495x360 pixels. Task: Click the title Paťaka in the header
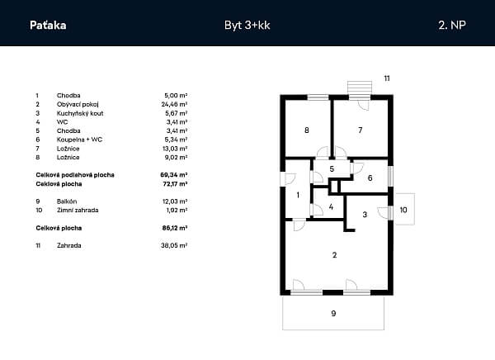pyautogui.click(x=48, y=26)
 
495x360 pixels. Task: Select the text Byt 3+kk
pyautogui.click(x=247, y=26)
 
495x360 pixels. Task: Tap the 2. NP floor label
pyautogui.click(x=452, y=26)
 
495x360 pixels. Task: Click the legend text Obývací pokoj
pyautogui.click(x=78, y=104)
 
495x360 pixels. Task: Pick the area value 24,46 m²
pyautogui.click(x=174, y=104)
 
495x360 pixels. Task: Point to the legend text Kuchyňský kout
pyautogui.click(x=80, y=113)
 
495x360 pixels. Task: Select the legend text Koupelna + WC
pyautogui.click(x=79, y=140)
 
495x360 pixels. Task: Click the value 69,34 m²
pyautogui.click(x=174, y=175)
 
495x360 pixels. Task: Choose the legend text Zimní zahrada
pyautogui.click(x=78, y=211)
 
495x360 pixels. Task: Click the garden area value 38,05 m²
pyautogui.click(x=174, y=245)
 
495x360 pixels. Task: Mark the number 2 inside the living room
pyautogui.click(x=335, y=255)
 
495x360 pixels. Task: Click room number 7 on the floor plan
pyautogui.click(x=361, y=130)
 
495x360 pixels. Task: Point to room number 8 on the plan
pyautogui.click(x=307, y=130)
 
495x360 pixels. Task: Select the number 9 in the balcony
pyautogui.click(x=333, y=313)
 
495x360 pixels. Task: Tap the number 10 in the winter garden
pyautogui.click(x=403, y=210)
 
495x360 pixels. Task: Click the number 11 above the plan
pyautogui.click(x=387, y=78)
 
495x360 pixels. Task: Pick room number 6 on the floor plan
pyautogui.click(x=370, y=178)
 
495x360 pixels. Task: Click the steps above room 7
pyautogui.click(x=360, y=88)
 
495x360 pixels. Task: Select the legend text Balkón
pyautogui.click(x=67, y=201)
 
